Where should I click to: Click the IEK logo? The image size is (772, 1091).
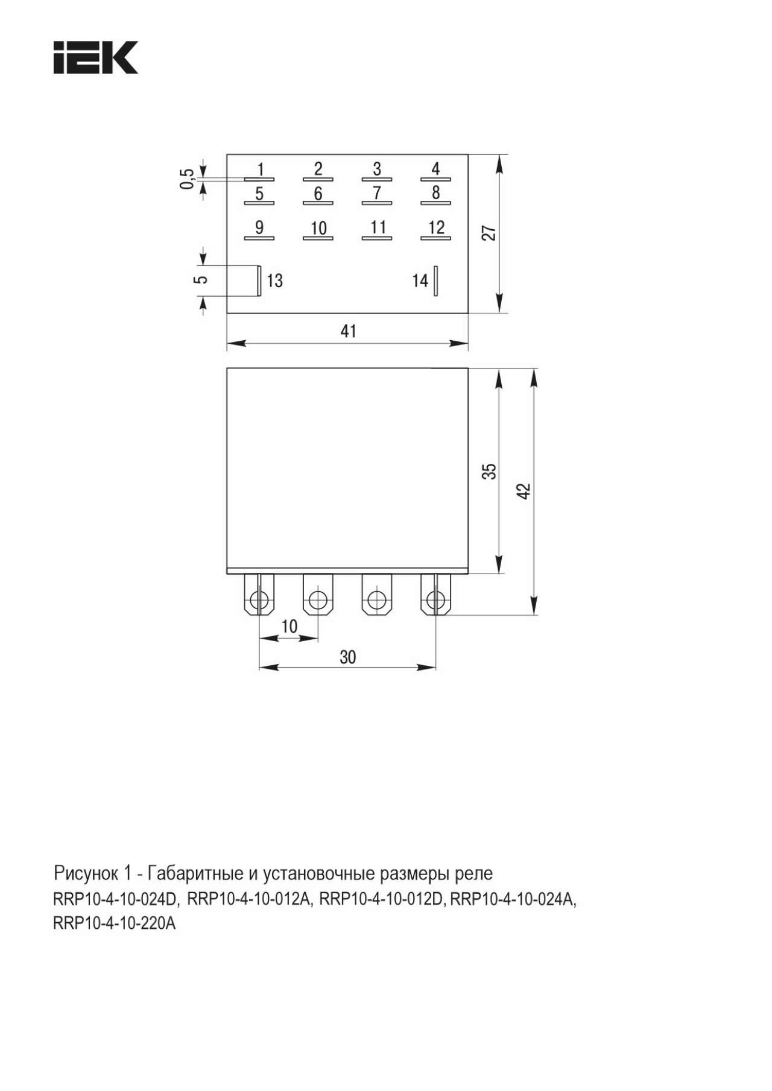[95, 57]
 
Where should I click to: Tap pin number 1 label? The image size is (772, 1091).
[260, 169]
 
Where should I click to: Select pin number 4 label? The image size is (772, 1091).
[435, 168]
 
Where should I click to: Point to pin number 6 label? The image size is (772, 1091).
[318, 194]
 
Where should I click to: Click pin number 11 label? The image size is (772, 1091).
[378, 227]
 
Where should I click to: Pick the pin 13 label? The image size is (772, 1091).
[274, 280]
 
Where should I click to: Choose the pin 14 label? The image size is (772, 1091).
[420, 280]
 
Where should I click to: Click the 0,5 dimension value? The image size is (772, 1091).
[188, 179]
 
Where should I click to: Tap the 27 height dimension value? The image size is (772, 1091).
[489, 233]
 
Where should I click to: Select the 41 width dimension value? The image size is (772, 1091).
[348, 331]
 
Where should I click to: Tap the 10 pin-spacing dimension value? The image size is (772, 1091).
[289, 627]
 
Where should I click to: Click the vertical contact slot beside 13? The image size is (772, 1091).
[259, 280]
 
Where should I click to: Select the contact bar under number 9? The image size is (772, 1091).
[259, 238]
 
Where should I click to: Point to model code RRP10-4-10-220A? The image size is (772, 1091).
[115, 923]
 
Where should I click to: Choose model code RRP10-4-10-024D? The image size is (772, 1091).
[115, 899]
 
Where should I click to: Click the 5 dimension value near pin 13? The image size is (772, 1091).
[203, 280]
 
